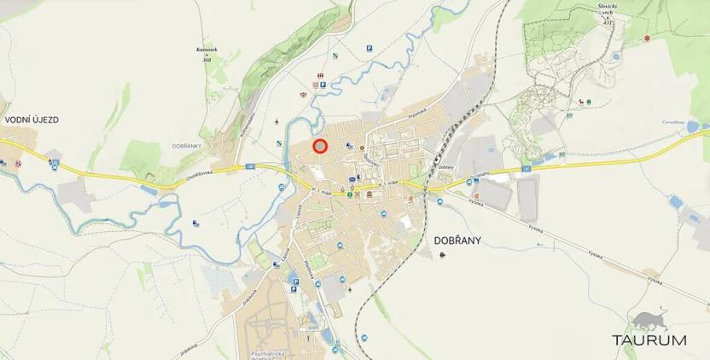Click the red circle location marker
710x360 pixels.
click(x=320, y=146)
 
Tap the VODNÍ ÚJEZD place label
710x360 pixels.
click(x=32, y=120)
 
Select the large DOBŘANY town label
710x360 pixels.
click(x=451, y=241)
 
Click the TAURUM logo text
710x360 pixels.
click(x=649, y=340)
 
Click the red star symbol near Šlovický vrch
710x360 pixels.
click(x=647, y=38)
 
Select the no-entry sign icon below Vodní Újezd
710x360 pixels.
click(x=17, y=163)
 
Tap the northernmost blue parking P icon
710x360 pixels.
click(x=370, y=48)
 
